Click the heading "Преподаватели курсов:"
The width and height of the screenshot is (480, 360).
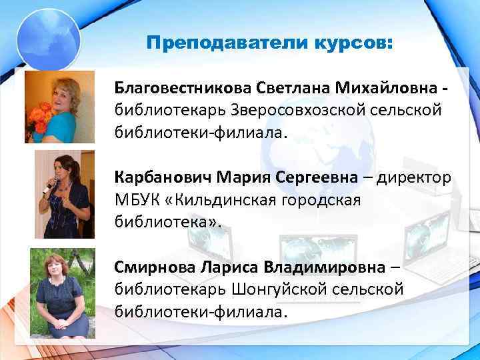pos(270,44)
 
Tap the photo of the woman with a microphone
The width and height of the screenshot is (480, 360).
pos(62,194)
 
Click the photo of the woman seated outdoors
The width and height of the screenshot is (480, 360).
pos(62,293)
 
